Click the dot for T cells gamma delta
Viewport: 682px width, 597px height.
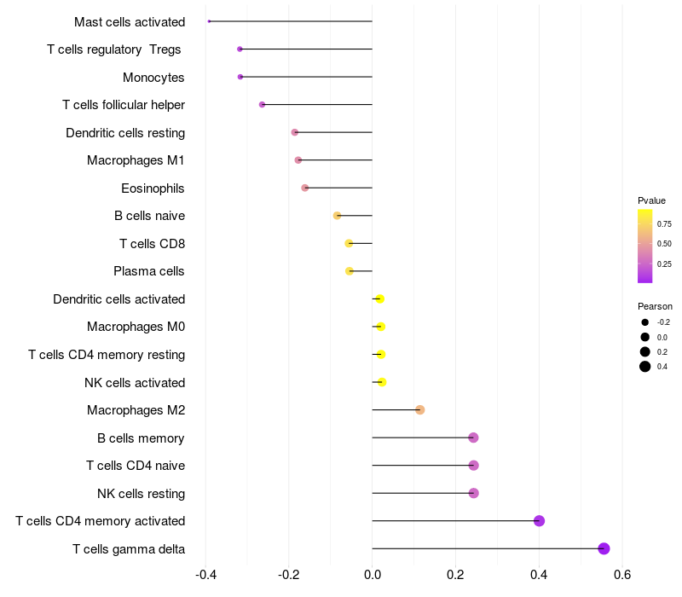(x=604, y=548)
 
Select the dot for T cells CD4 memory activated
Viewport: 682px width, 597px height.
(x=539, y=521)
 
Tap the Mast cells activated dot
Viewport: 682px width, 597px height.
(x=209, y=21)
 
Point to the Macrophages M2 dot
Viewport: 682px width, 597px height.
(x=419, y=410)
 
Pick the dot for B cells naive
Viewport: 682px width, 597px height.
(x=337, y=216)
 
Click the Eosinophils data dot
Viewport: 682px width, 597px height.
(x=305, y=188)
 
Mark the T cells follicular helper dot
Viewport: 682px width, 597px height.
(x=262, y=105)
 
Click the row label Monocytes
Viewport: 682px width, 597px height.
(x=153, y=78)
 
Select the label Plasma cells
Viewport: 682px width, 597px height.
(x=149, y=271)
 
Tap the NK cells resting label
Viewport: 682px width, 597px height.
(x=141, y=493)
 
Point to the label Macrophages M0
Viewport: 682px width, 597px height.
(x=136, y=327)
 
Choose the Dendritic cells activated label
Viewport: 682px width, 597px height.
(x=118, y=299)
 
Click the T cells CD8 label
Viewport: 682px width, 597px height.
(x=152, y=244)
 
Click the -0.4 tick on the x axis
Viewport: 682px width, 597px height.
(x=205, y=575)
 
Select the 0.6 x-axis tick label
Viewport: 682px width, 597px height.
(x=622, y=575)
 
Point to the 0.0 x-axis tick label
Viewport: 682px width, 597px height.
(x=373, y=575)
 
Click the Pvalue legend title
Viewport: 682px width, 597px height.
(x=651, y=200)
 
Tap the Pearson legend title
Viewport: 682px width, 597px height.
(x=655, y=306)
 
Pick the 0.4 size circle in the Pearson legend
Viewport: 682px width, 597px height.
(x=645, y=367)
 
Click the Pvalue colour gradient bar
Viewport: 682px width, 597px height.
(x=645, y=246)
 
